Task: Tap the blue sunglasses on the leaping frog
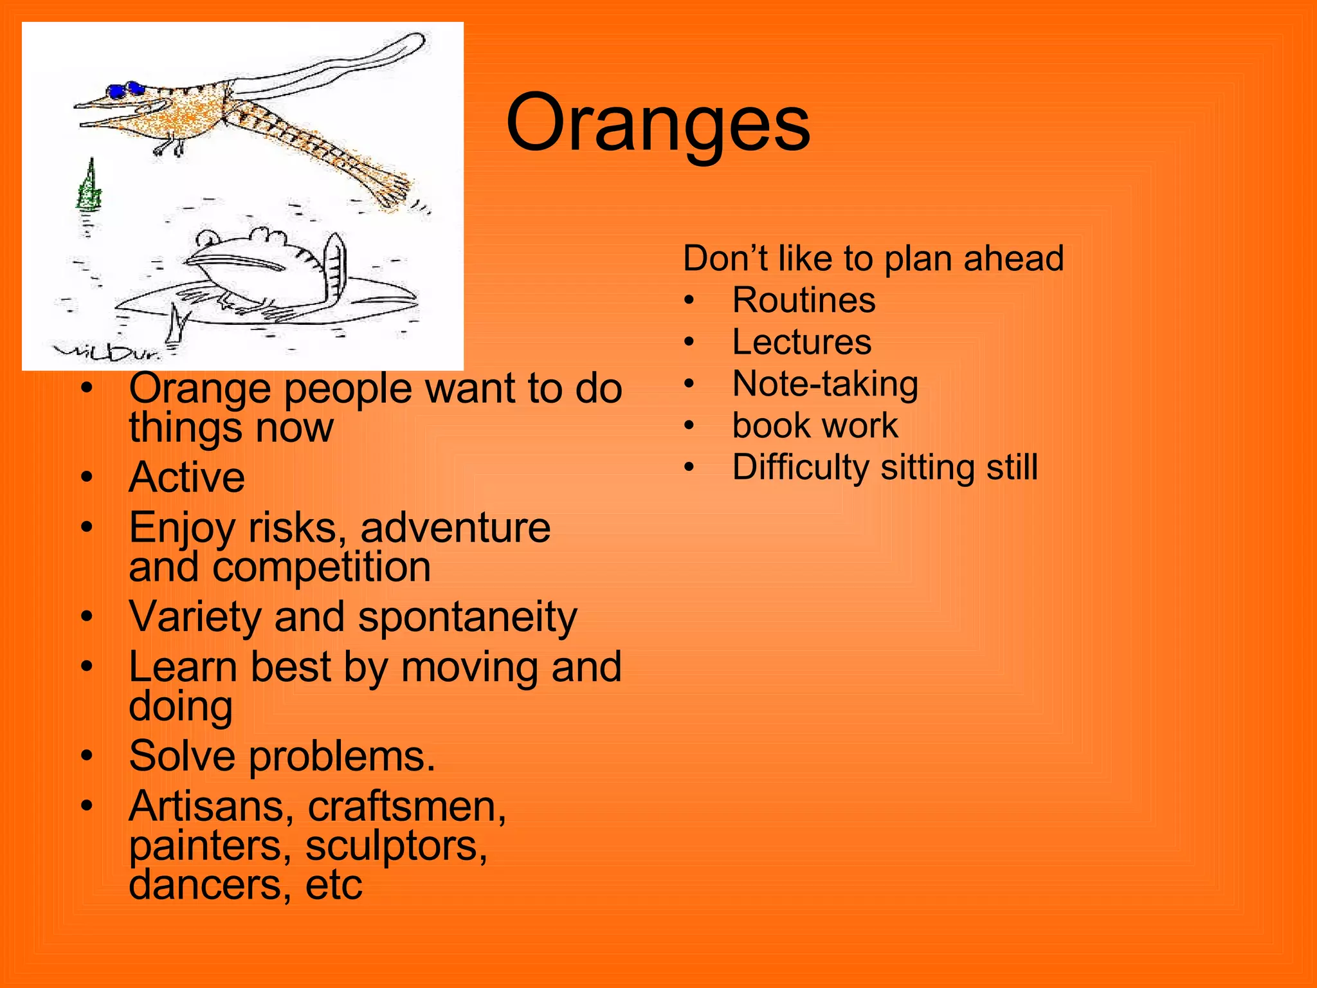(x=125, y=89)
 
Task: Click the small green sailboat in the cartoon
(x=89, y=188)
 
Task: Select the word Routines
(x=804, y=300)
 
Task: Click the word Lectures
(x=801, y=342)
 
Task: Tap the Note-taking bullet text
(x=825, y=384)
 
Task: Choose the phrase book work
(x=815, y=426)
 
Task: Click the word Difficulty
(x=801, y=468)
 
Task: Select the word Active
(x=186, y=477)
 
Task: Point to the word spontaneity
(x=468, y=617)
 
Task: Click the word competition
(x=322, y=568)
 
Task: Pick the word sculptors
(x=396, y=846)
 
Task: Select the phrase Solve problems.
(x=282, y=756)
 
